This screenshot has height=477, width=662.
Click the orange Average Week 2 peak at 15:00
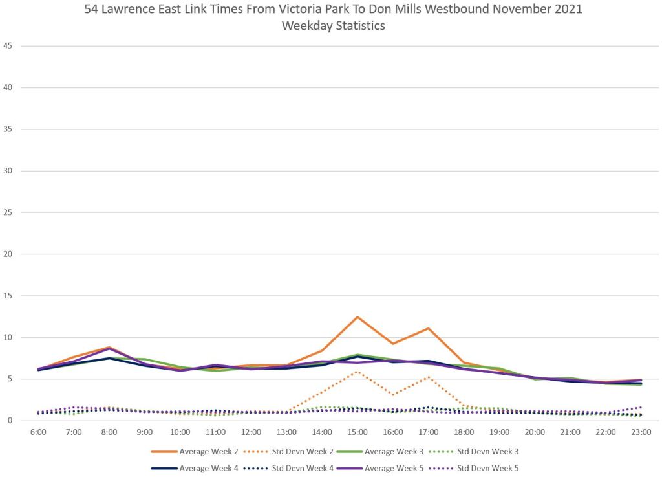pyautogui.click(x=358, y=316)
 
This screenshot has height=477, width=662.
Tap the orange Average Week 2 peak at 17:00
pyautogui.click(x=428, y=328)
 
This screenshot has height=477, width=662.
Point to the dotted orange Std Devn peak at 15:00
pyautogui.click(x=358, y=372)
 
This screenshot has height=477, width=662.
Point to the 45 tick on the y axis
pyautogui.click(x=8, y=46)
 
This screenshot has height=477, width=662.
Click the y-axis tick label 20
pyautogui.click(x=8, y=254)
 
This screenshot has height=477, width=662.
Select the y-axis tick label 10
pyautogui.click(x=8, y=337)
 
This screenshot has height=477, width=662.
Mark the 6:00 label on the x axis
pyautogui.click(x=39, y=432)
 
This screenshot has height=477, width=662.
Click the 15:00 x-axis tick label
pyautogui.click(x=358, y=432)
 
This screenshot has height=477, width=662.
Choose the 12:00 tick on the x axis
pyautogui.click(x=251, y=432)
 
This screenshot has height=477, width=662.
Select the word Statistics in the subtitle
pyautogui.click(x=359, y=27)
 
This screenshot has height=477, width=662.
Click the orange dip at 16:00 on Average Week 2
pyautogui.click(x=392, y=344)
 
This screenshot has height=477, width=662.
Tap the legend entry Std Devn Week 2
pyautogui.click(x=294, y=451)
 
